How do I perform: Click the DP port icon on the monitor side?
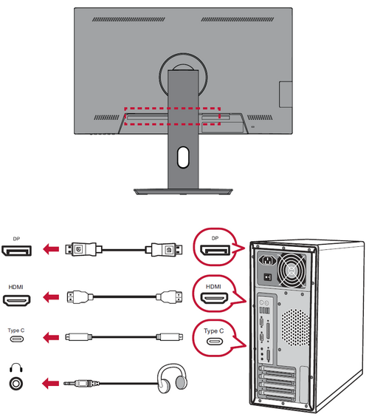pyautogui.click(x=16, y=251)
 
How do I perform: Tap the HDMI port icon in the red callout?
pyautogui.click(x=214, y=298)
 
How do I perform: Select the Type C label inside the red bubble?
pyautogui.click(x=214, y=330)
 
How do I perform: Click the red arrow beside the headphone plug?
pyautogui.click(x=50, y=384)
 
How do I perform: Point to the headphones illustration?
pyautogui.click(x=172, y=378)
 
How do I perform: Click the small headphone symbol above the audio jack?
pyautogui.click(x=16, y=368)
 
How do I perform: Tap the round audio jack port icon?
pyautogui.click(x=16, y=384)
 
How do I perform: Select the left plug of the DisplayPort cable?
pyautogui.click(x=83, y=249)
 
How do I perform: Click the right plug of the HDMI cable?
pyautogui.click(x=169, y=296)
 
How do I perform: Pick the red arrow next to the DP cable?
pyautogui.click(x=51, y=249)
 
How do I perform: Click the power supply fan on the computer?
pyautogui.click(x=292, y=271)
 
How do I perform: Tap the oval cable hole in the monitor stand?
pyautogui.click(x=183, y=157)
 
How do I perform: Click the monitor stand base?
pyautogui.click(x=183, y=191)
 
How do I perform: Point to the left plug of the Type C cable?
pyautogui.click(x=78, y=337)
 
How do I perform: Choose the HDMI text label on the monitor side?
pyautogui.click(x=15, y=287)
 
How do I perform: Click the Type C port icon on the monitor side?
pyautogui.click(x=17, y=339)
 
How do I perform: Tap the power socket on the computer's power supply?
pyautogui.click(x=268, y=260)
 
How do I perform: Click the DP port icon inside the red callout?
pyautogui.click(x=215, y=251)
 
